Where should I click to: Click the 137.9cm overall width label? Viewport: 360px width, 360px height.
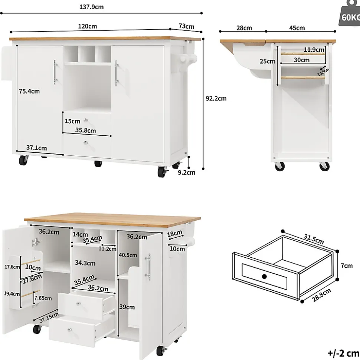click(x=92, y=7)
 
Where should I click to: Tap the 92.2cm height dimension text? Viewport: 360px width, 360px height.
click(x=216, y=99)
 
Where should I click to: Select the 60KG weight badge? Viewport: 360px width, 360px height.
click(x=350, y=13)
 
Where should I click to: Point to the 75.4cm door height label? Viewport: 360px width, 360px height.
click(x=29, y=91)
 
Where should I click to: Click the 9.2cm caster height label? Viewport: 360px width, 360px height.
click(x=186, y=172)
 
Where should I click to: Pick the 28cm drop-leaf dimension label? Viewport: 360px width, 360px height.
click(x=244, y=28)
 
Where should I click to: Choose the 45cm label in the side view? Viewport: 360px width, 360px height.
click(x=297, y=28)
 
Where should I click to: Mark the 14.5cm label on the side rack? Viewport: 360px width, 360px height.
click(x=323, y=72)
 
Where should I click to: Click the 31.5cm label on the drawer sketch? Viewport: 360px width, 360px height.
click(x=314, y=239)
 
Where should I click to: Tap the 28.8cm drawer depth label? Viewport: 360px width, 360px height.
click(x=321, y=295)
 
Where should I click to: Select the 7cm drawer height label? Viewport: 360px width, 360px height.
click(x=346, y=265)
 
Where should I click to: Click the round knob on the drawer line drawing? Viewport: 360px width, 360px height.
click(x=264, y=277)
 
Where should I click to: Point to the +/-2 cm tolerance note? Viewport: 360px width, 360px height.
click(x=343, y=353)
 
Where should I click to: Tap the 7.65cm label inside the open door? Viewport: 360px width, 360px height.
click(x=43, y=298)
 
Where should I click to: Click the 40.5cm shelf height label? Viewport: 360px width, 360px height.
click(x=128, y=255)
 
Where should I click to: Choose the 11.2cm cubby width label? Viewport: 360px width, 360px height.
click(x=107, y=249)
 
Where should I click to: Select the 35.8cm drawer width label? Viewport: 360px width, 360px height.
click(x=85, y=131)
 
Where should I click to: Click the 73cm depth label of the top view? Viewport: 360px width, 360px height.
click(x=186, y=26)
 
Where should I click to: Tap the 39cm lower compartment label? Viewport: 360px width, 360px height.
click(x=127, y=307)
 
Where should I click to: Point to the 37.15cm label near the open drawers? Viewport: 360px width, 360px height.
click(x=49, y=317)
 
